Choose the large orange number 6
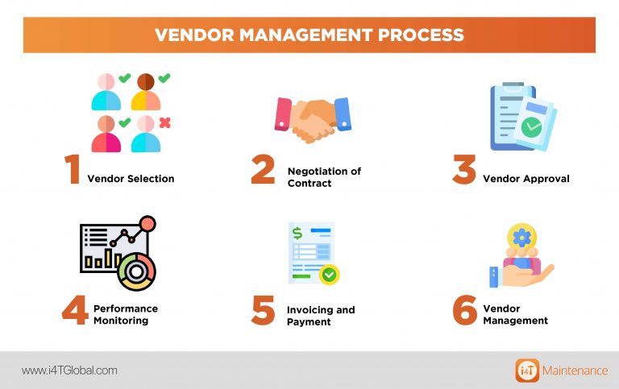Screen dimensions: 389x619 464,310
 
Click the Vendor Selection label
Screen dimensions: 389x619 131,178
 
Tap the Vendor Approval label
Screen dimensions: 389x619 526,178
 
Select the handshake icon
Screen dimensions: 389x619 312,118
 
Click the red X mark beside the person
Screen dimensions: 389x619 164,122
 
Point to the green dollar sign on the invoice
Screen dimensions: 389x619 297,234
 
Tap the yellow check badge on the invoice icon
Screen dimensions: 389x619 329,275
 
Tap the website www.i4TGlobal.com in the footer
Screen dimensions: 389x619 69,370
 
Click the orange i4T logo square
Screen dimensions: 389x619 527,370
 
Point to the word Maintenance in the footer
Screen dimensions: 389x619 575,370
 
